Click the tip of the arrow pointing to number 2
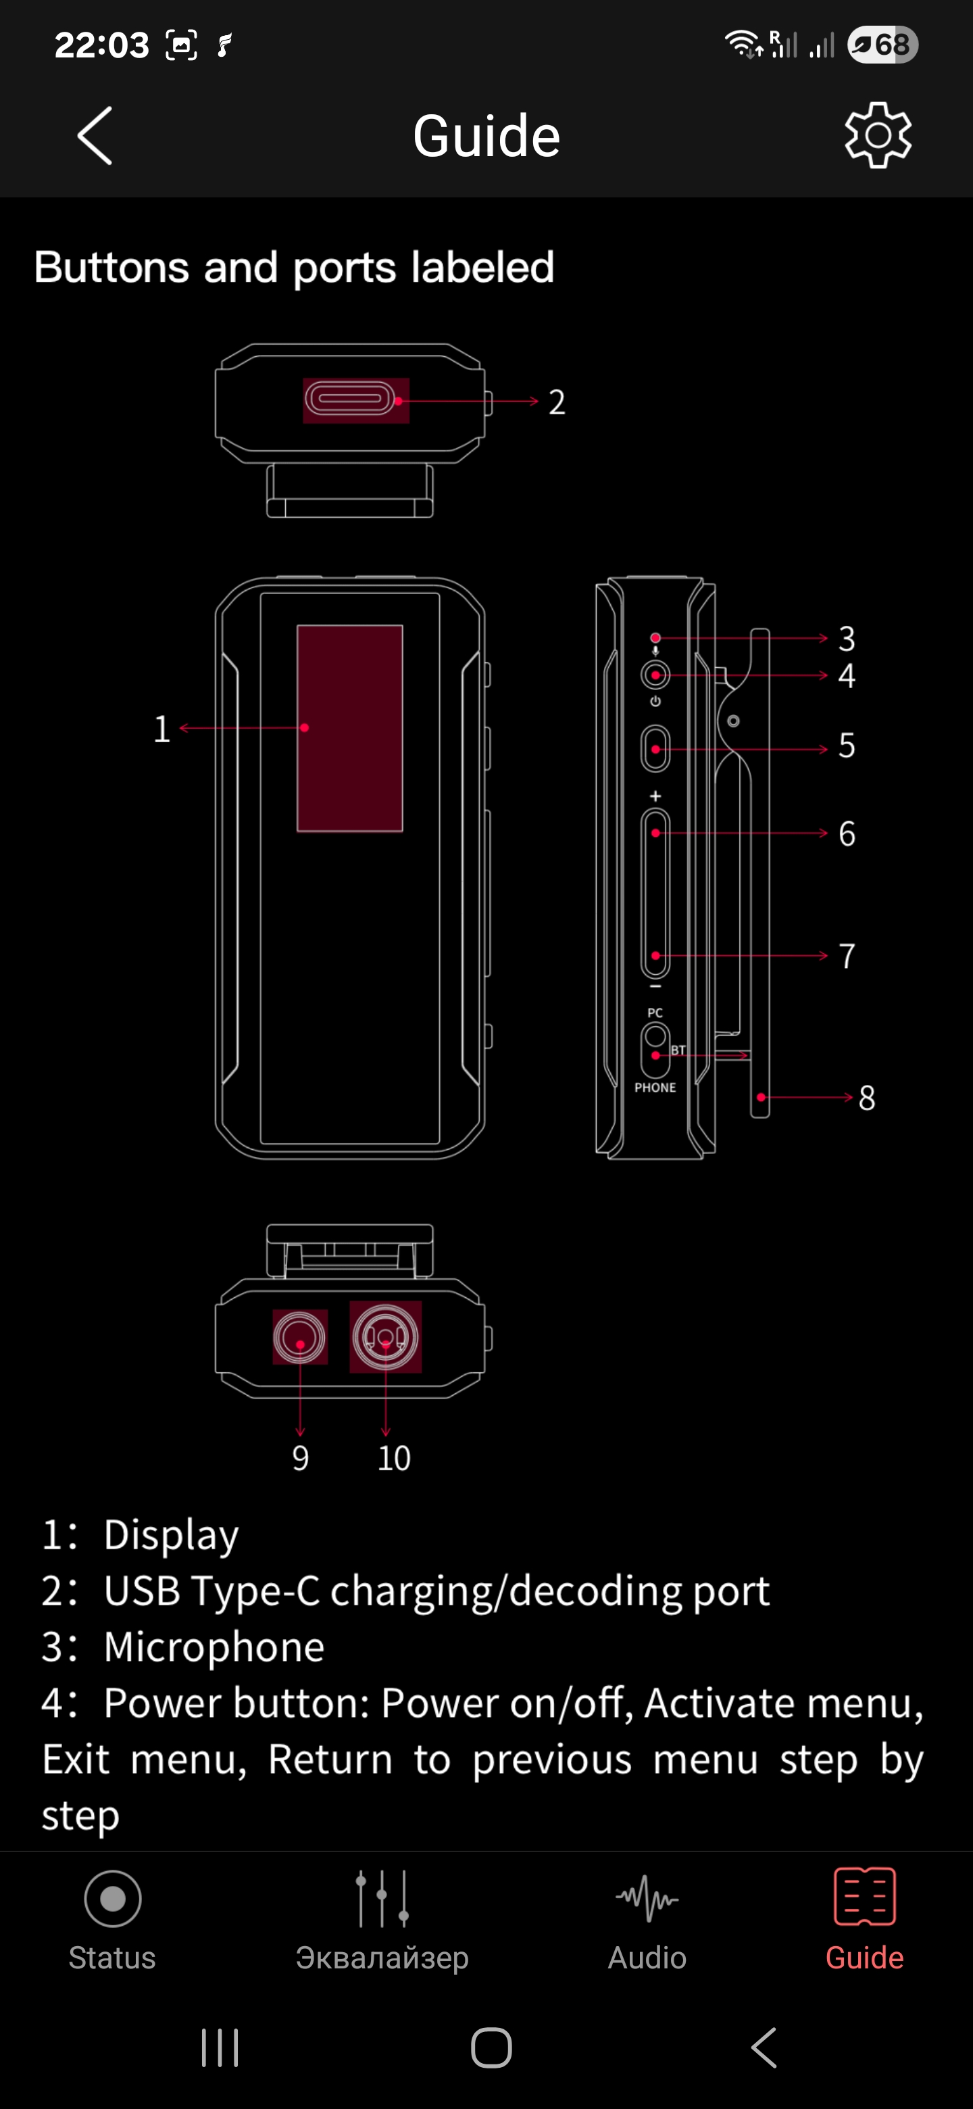539,401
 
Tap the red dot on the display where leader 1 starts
305,728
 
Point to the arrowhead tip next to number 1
180,728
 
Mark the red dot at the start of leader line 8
761,1097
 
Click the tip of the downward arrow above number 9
300,1435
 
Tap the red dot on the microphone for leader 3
655,638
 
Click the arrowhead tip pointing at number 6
828,833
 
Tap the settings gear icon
878,135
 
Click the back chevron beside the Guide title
95,135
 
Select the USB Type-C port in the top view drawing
350,400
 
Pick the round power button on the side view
655,675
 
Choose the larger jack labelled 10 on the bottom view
385,1337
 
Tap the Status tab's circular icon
113,1899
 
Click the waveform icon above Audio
647,1898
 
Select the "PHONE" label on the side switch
655,1087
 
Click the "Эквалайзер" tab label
382,1958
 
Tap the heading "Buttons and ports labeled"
295,267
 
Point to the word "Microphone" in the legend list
214,1647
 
